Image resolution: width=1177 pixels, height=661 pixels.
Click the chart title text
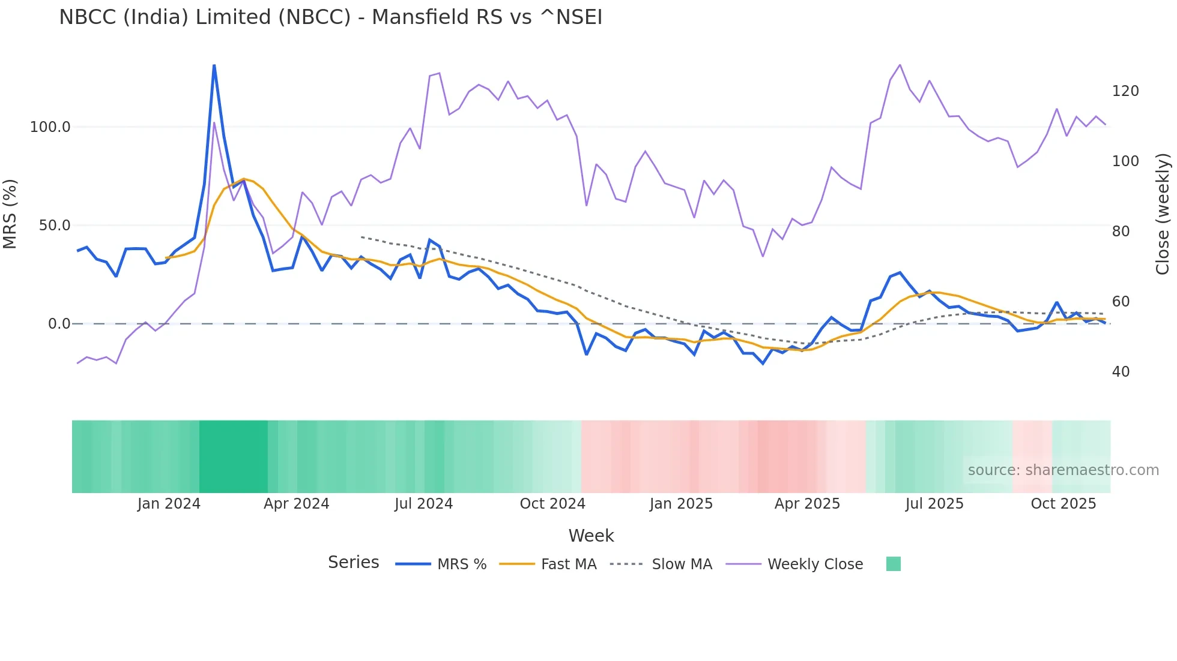coord(330,17)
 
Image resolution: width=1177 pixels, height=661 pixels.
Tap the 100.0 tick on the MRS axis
coord(50,127)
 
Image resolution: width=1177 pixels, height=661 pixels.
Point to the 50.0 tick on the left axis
coord(54,226)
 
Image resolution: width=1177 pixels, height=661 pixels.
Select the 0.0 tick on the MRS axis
coord(59,324)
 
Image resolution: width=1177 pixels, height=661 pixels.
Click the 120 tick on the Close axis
coord(1125,91)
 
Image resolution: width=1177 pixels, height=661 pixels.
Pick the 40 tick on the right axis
coord(1121,372)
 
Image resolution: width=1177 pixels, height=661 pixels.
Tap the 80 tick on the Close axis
coord(1121,232)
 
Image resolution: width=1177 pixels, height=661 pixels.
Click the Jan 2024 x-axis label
coord(169,504)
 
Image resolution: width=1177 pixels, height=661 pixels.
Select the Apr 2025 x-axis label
coord(807,504)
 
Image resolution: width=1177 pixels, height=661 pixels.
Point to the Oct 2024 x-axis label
coord(552,504)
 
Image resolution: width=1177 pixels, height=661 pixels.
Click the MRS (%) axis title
coord(10,214)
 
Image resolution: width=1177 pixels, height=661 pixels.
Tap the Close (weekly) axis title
coord(1163,214)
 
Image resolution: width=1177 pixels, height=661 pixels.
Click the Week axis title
coord(591,536)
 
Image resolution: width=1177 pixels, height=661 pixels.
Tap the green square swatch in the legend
coord(893,564)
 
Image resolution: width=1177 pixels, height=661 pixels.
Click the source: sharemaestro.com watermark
coord(1063,470)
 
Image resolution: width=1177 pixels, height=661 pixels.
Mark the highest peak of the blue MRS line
coord(214,65)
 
